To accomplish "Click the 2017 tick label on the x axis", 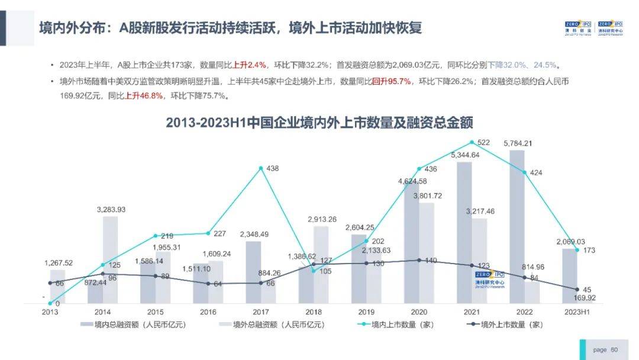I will [x=260, y=311].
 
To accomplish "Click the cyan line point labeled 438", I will [x=261, y=168].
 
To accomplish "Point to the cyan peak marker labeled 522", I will [x=471, y=142].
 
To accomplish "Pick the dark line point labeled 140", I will [x=419, y=260].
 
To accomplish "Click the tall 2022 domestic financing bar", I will [x=517, y=225].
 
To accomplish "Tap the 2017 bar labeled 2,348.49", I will [x=253, y=272].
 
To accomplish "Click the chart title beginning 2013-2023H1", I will [x=319, y=123].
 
